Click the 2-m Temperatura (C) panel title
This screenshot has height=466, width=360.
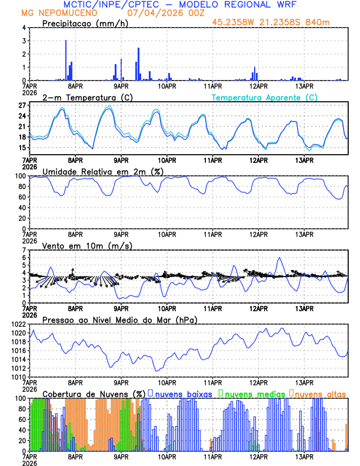tap(84, 97)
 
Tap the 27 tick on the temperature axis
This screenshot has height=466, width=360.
tap(21, 105)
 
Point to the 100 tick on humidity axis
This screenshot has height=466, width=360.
tap(20, 176)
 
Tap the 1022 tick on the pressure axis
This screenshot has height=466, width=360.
tap(18, 324)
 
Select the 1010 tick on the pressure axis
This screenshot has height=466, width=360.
tap(18, 377)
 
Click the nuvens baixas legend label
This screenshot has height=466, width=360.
tap(183, 393)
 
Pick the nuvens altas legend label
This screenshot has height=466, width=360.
tap(321, 393)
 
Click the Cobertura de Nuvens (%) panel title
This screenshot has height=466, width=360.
tap(94, 393)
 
